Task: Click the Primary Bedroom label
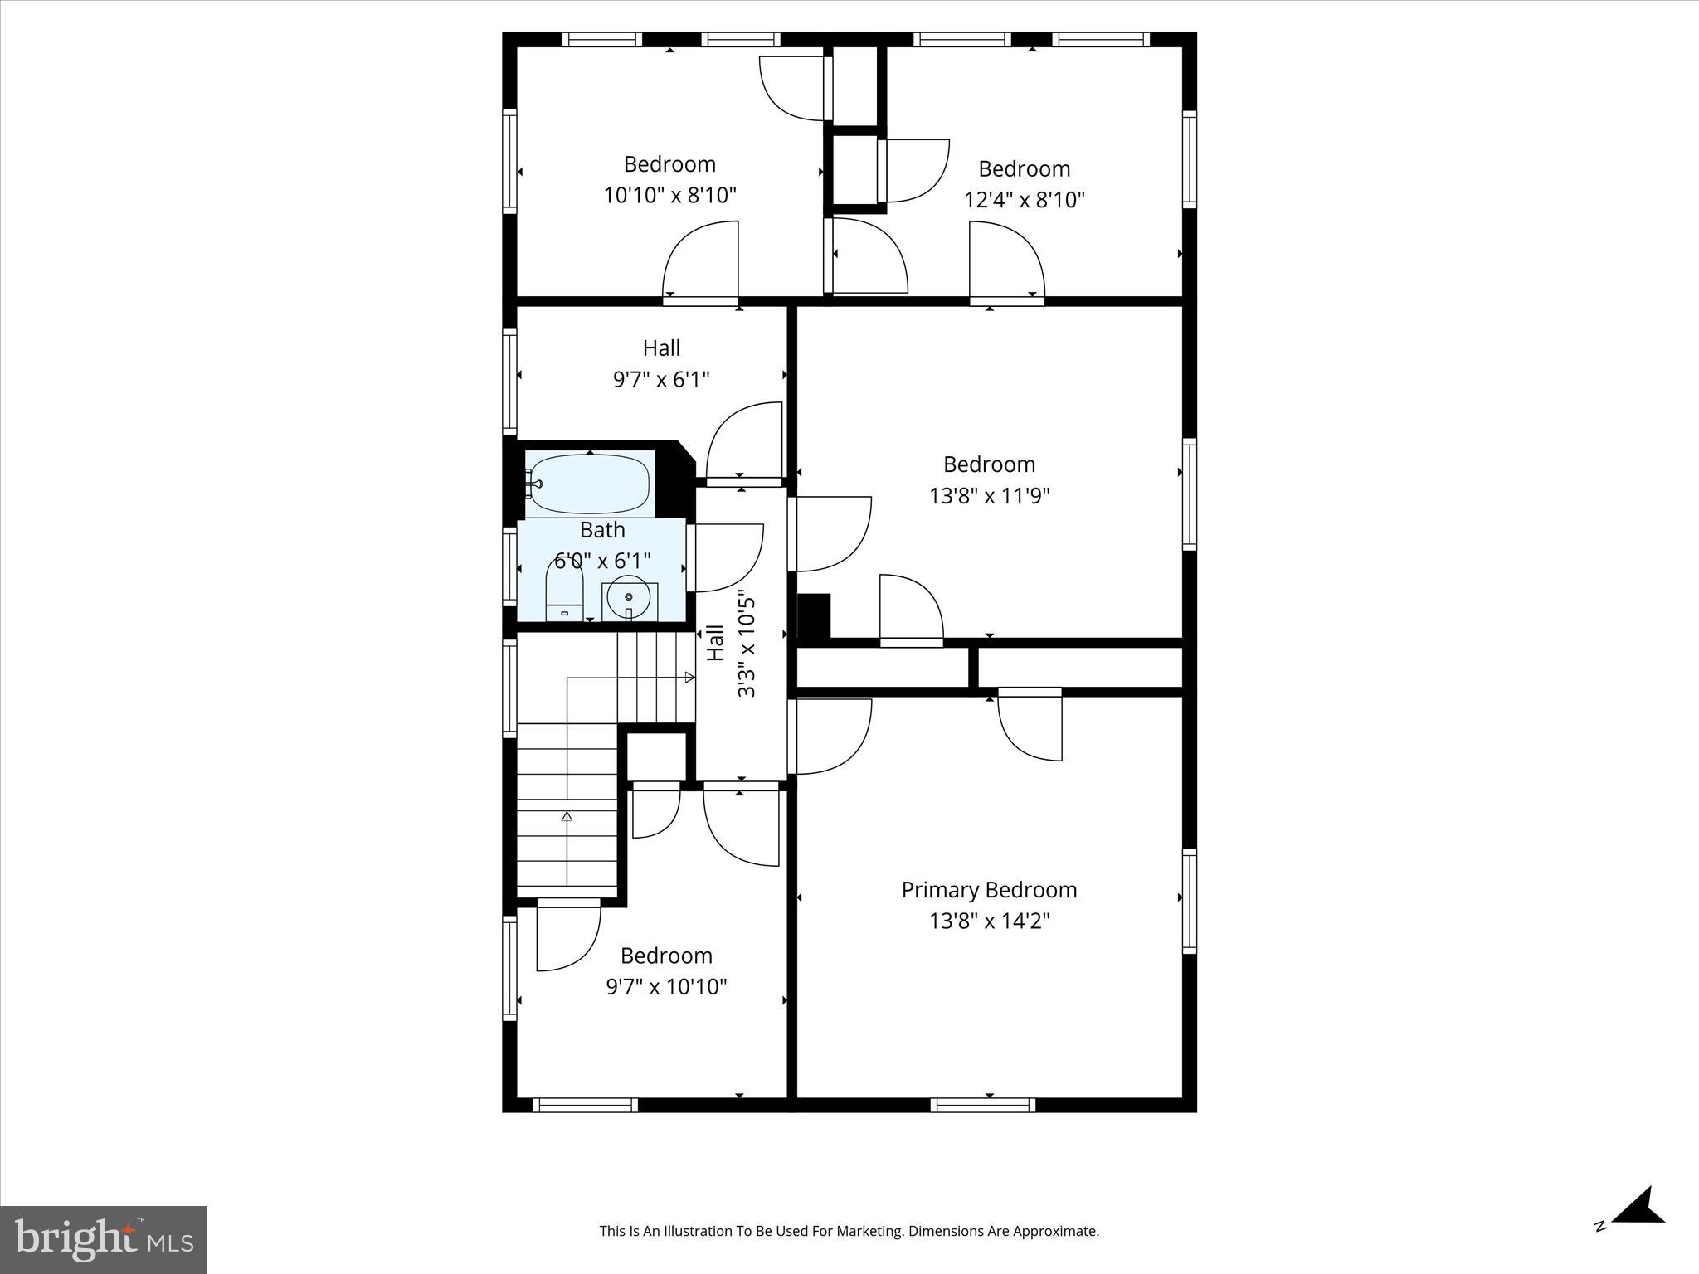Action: [x=989, y=890]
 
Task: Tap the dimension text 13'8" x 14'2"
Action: [x=989, y=921]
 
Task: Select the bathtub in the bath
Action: [x=589, y=484]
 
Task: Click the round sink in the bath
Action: [x=629, y=597]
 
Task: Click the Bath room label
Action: [x=602, y=529]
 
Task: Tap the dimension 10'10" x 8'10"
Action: [x=669, y=196]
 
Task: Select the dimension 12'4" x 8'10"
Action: [x=1024, y=200]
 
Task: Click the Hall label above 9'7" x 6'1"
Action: [x=661, y=348]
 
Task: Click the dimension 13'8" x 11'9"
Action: [x=989, y=496]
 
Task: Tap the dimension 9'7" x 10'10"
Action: [x=666, y=987]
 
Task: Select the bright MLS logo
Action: [x=104, y=1239]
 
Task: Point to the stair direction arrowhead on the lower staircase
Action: [x=567, y=817]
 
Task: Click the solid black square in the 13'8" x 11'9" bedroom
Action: [x=814, y=615]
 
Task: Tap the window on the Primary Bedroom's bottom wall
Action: [x=982, y=1105]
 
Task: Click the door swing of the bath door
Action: [x=726, y=557]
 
